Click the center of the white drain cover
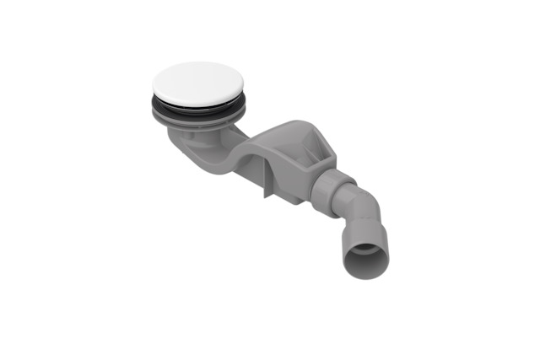click(198, 83)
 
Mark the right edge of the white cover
click(243, 82)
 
